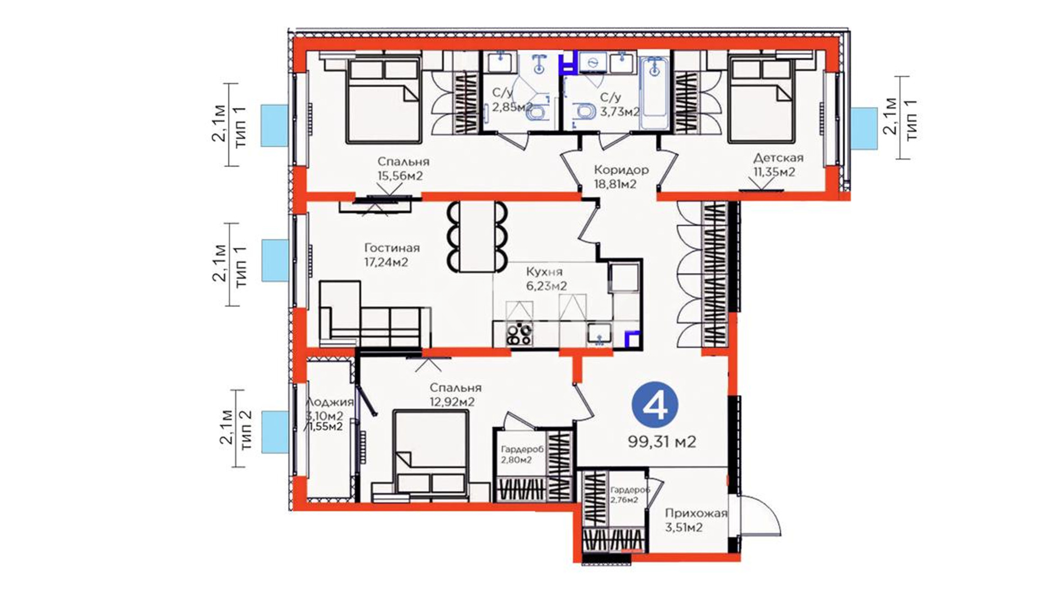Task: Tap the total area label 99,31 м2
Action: pos(662,441)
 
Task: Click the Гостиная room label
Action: pos(392,248)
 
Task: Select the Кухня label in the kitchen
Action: pos(544,272)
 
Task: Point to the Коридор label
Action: pos(621,169)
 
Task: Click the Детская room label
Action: pos(778,158)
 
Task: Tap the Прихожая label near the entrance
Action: pos(696,513)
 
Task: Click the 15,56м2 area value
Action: pos(400,176)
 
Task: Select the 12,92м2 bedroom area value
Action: pos(452,402)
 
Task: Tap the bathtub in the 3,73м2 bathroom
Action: pos(654,91)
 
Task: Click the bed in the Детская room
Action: pos(762,99)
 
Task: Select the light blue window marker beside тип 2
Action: pos(274,432)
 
